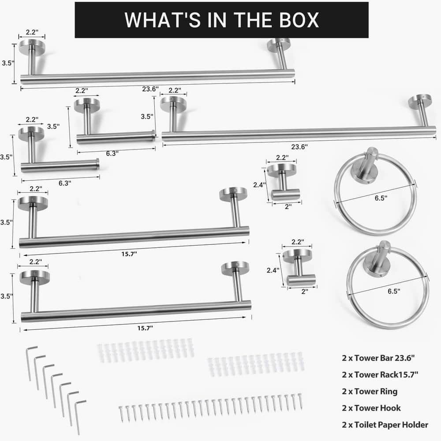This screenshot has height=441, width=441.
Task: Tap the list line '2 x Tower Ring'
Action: pyautogui.click(x=370, y=391)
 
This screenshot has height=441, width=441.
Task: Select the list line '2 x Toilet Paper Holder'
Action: pyautogui.click(x=385, y=424)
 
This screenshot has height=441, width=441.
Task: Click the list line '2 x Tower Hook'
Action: pyautogui.click(x=371, y=408)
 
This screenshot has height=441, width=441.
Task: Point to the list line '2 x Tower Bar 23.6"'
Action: pyautogui.click(x=378, y=358)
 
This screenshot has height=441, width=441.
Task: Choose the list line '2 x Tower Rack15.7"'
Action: pyautogui.click(x=380, y=374)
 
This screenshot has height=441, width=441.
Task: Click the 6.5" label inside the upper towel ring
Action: pyautogui.click(x=381, y=198)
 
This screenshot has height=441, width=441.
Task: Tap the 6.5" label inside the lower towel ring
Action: pyautogui.click(x=394, y=291)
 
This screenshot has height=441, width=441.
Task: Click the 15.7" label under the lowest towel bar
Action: pyautogui.click(x=145, y=328)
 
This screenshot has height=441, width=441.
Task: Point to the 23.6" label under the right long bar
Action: pyautogui.click(x=299, y=146)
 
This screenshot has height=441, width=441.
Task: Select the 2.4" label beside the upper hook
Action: pyautogui.click(x=259, y=185)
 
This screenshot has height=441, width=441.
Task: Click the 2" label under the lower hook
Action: pyautogui.click(x=305, y=292)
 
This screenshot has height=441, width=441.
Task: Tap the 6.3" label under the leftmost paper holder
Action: pyautogui.click(x=65, y=183)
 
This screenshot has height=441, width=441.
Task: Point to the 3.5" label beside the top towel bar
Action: pyautogui.click(x=8, y=63)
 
